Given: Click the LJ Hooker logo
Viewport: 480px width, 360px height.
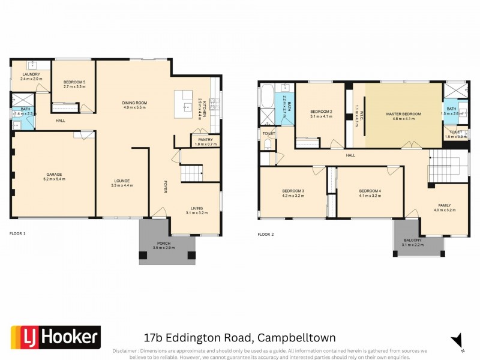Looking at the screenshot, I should [x=55, y=337].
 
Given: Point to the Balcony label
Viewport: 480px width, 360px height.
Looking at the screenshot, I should [x=419, y=242].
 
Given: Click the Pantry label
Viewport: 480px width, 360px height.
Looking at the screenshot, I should [x=205, y=142].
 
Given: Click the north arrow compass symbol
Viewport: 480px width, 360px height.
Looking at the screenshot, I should [x=458, y=341].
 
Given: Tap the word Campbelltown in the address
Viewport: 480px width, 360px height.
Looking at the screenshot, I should [x=298, y=338].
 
